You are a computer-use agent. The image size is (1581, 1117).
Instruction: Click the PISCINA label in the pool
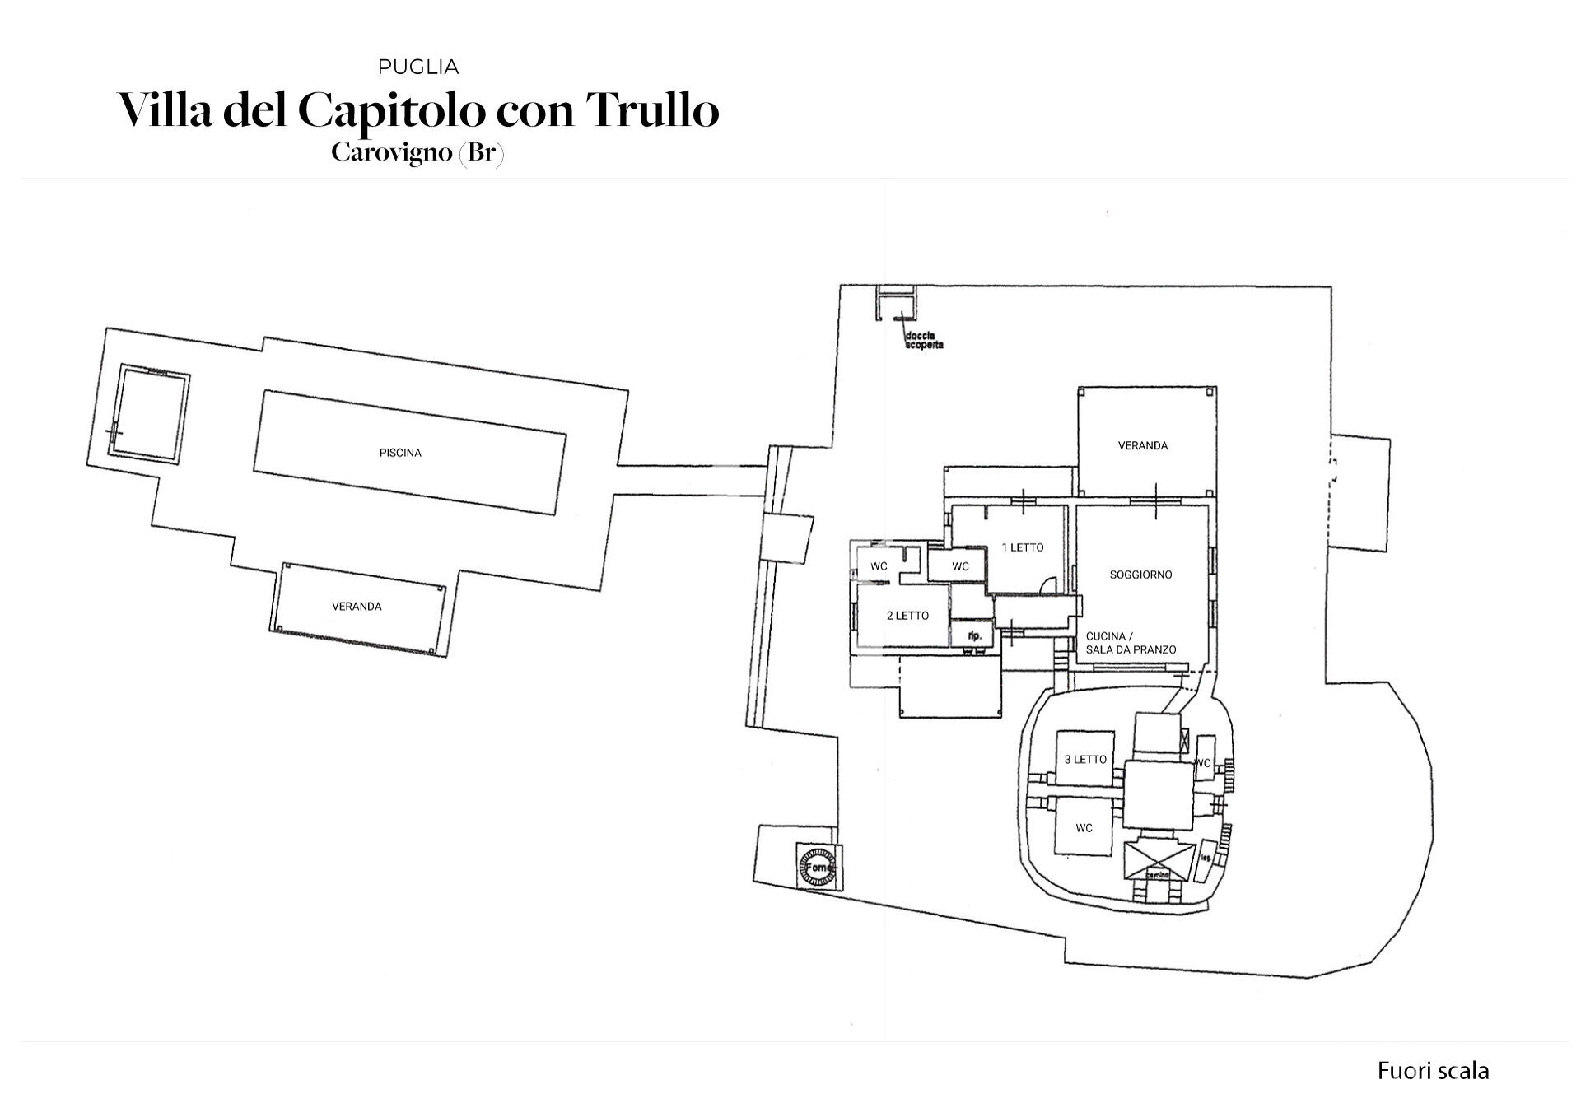click(x=400, y=453)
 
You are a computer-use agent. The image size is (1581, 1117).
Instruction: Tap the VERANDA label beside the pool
click(x=357, y=607)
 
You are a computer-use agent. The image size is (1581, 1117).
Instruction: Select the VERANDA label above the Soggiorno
click(x=1142, y=445)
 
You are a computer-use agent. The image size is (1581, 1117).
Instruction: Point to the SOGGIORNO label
click(x=1140, y=575)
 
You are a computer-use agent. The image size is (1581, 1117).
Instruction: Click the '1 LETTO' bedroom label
click(x=1022, y=547)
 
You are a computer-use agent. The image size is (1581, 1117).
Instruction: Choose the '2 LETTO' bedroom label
click(x=907, y=616)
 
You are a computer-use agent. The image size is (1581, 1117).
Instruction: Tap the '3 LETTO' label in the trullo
click(x=1085, y=759)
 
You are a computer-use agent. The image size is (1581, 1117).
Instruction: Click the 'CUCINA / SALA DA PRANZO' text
click(x=1131, y=643)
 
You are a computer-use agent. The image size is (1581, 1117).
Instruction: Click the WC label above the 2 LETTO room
click(x=879, y=566)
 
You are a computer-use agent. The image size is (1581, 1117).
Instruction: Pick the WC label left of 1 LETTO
click(x=960, y=566)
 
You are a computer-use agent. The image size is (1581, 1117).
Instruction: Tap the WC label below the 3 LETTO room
click(x=1084, y=827)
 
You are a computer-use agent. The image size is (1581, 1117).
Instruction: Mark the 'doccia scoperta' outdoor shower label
click(x=923, y=340)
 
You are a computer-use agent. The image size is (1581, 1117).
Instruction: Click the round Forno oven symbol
click(x=818, y=868)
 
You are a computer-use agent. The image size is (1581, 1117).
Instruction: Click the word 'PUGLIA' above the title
click(x=417, y=67)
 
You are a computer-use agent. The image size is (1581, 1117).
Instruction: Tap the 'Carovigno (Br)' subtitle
click(x=417, y=153)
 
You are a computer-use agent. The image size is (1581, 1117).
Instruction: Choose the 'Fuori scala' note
click(x=1433, y=1071)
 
